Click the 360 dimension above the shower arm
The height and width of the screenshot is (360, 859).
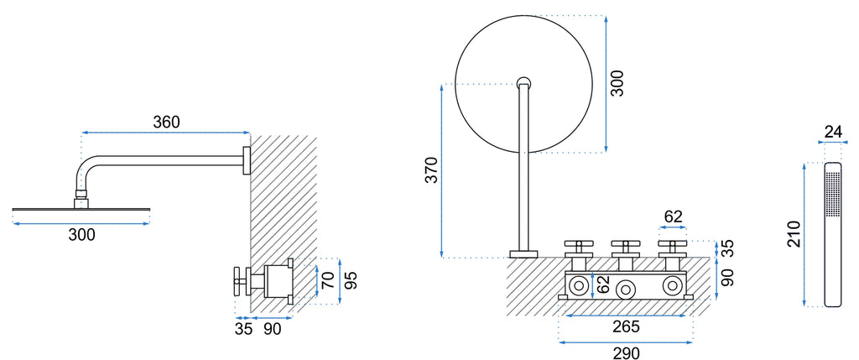click(x=166, y=123)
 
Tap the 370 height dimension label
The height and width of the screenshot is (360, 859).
click(x=432, y=170)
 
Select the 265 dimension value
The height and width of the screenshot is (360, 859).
click(x=626, y=326)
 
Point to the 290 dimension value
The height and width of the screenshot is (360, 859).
click(x=626, y=353)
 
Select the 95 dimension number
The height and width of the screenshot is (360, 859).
click(x=353, y=280)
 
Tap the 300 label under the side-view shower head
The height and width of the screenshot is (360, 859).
click(x=81, y=235)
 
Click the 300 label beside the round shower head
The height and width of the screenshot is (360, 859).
click(x=617, y=84)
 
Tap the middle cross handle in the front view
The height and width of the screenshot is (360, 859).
click(x=622, y=246)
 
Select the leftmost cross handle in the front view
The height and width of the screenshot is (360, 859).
click(x=575, y=246)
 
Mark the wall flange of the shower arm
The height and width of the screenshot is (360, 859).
click(x=247, y=160)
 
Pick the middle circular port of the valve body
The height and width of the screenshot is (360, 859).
click(x=624, y=288)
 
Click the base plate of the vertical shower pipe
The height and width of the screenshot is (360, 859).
click(x=523, y=254)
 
